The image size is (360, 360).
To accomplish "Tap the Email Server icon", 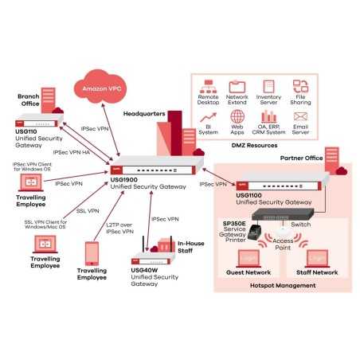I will tap(300, 116).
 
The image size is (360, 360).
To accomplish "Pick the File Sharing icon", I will tap(300, 87).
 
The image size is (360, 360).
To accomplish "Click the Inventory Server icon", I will tap(269, 87).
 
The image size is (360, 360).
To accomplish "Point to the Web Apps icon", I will tap(237, 116).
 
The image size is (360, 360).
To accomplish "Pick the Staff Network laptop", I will tap(316, 261).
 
